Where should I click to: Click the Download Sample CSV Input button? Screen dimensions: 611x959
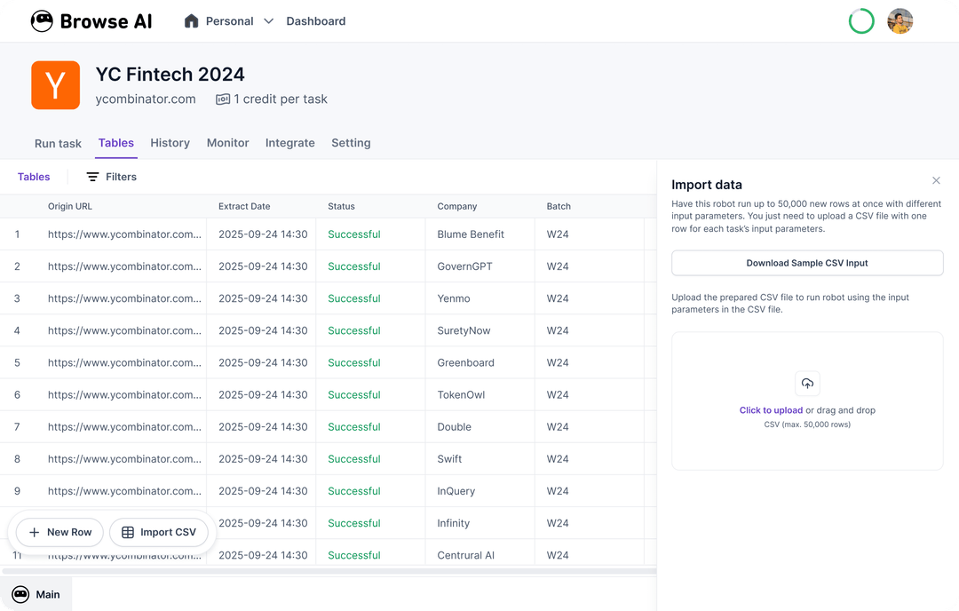(x=807, y=263)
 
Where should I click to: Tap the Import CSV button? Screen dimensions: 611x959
(x=159, y=532)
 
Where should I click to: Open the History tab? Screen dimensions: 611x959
(x=170, y=143)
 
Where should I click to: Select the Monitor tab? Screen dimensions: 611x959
(x=227, y=143)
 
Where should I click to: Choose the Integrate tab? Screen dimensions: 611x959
(x=289, y=143)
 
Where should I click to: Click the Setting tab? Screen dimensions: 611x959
(x=351, y=143)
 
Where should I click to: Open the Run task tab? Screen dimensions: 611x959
(x=58, y=144)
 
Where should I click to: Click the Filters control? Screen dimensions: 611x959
(x=111, y=177)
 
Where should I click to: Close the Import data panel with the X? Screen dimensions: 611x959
(x=936, y=180)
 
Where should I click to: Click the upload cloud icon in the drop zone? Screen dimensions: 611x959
(x=807, y=384)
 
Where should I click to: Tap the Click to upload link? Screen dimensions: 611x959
(x=771, y=410)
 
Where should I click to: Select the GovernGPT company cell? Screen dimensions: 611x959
(x=464, y=266)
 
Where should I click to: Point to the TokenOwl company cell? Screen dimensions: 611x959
(x=461, y=395)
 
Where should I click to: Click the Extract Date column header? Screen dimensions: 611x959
(x=244, y=206)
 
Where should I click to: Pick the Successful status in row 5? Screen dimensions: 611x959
(x=353, y=362)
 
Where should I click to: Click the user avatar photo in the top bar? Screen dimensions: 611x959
(x=900, y=21)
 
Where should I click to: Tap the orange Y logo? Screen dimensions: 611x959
(x=55, y=85)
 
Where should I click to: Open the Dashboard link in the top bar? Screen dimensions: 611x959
(x=315, y=21)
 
